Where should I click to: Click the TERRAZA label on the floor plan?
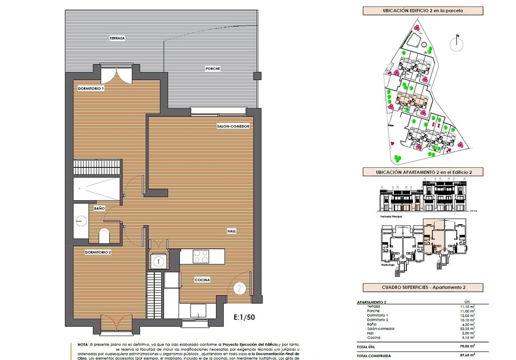(117, 37)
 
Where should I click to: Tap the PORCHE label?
(212, 68)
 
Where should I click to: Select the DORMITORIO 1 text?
(90, 88)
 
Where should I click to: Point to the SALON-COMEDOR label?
(232, 126)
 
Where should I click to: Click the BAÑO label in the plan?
(99, 208)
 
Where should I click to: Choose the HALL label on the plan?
(232, 231)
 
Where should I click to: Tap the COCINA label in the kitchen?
(202, 280)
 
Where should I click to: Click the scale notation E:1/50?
(244, 317)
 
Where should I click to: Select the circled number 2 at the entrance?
(239, 288)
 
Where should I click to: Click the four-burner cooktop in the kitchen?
(201, 256)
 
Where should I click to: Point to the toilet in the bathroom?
(104, 235)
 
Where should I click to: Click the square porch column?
(257, 75)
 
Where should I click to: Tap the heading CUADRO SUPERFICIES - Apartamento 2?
(423, 287)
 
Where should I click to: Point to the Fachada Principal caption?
(391, 217)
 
